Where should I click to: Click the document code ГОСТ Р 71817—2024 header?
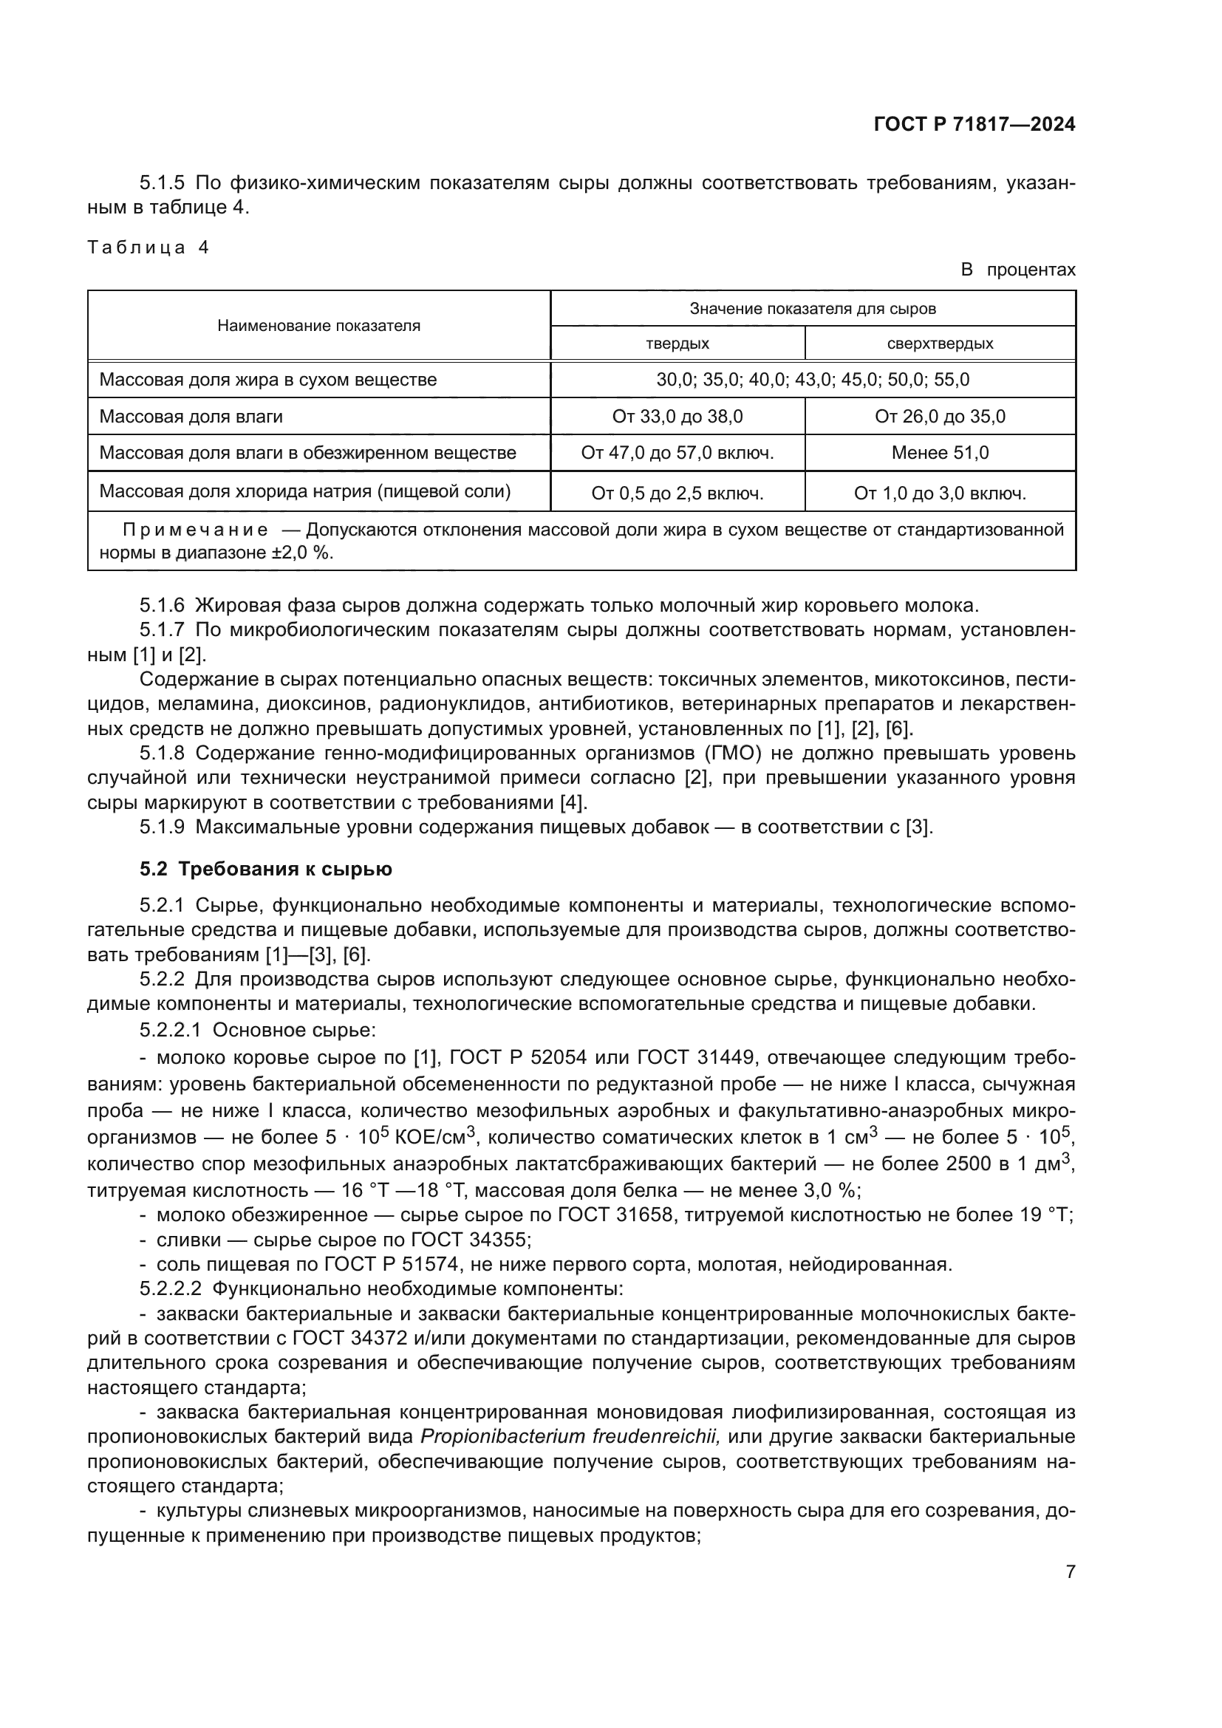(x=974, y=124)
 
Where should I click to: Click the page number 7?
(x=1070, y=1571)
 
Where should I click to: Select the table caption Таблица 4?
(x=149, y=247)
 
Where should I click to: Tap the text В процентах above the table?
(x=1017, y=270)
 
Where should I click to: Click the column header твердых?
(x=677, y=344)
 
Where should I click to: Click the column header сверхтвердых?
(x=940, y=344)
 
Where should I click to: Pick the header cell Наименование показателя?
(x=318, y=326)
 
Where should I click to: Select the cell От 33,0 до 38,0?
(x=677, y=416)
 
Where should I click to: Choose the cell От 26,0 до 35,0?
(x=940, y=416)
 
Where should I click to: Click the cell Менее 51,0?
(x=940, y=453)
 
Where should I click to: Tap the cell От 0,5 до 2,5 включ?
(x=677, y=494)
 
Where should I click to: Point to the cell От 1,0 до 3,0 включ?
(x=940, y=494)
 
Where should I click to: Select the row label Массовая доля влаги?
(x=191, y=416)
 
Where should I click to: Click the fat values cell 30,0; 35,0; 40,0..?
(x=813, y=379)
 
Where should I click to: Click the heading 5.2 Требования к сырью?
(x=266, y=870)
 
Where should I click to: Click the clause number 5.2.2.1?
(x=170, y=1031)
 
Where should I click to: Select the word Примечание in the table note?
(x=195, y=530)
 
